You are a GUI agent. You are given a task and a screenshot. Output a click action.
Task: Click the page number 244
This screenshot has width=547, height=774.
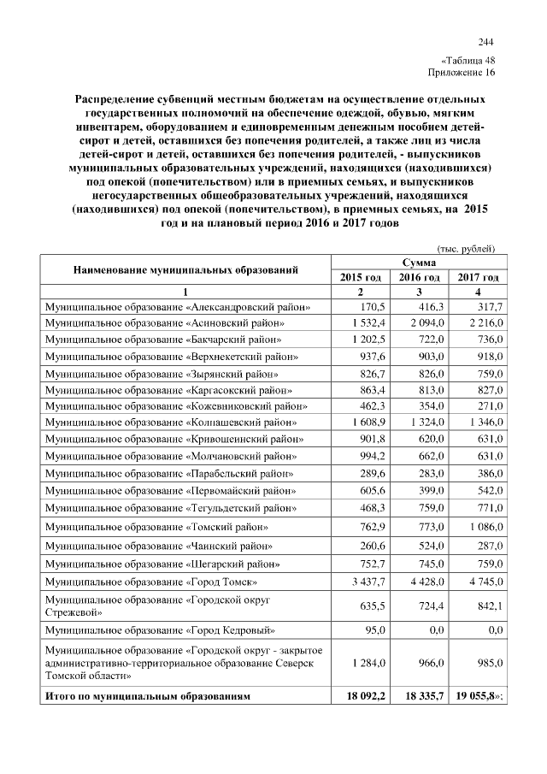(485, 43)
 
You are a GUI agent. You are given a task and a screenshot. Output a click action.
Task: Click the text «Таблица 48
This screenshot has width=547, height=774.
(468, 62)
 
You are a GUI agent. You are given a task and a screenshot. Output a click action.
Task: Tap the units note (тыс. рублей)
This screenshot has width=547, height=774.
(466, 248)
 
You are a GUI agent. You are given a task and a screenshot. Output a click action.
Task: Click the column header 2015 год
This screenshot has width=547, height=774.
(361, 277)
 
